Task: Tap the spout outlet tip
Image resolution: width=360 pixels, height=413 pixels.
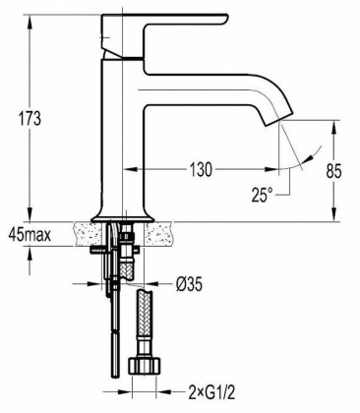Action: click(x=277, y=126)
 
